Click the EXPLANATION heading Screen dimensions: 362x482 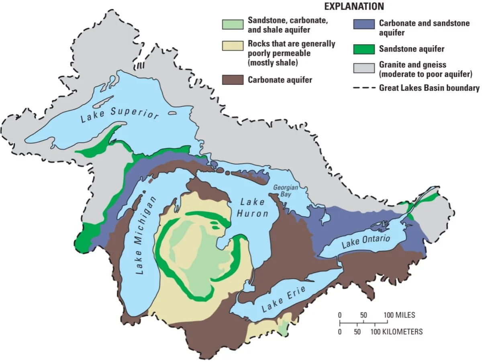tap(354, 6)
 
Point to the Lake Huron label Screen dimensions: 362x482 tap(252, 207)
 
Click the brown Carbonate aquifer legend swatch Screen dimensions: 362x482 tap(233, 80)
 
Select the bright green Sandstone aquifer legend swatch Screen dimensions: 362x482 tap(364, 49)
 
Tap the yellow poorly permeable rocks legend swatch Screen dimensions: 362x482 tap(233, 46)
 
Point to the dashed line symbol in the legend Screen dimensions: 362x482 tap(364, 88)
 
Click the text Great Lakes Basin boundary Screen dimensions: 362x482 tap(429, 88)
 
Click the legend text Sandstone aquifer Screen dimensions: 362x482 tap(412, 49)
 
